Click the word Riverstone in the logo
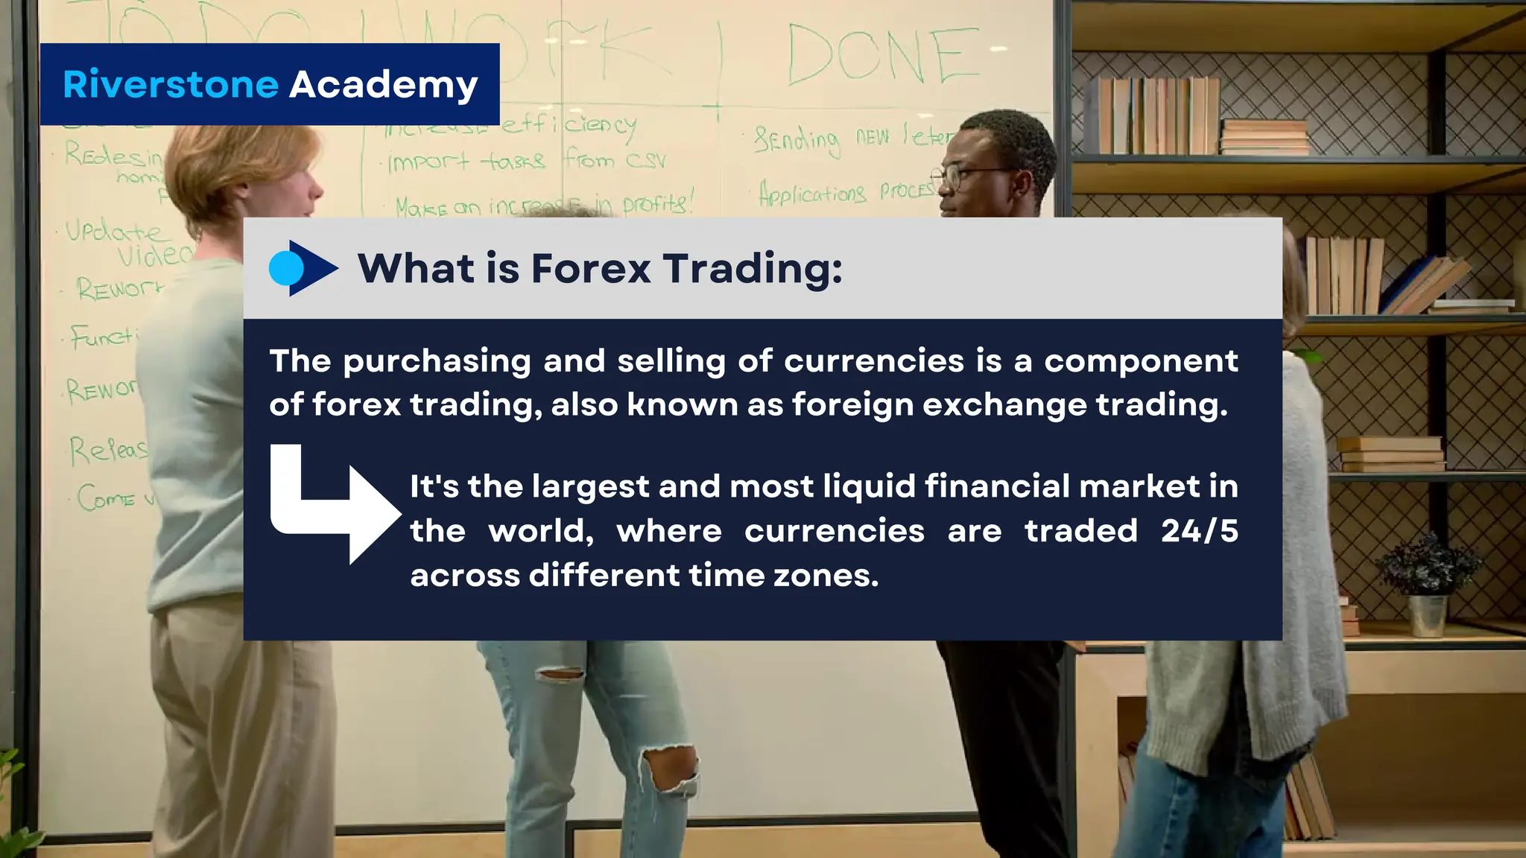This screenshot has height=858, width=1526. coord(171,84)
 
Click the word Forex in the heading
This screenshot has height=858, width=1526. coord(591,268)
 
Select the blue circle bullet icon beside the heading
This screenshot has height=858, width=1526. coord(285,268)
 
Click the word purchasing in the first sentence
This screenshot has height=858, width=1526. coord(437,361)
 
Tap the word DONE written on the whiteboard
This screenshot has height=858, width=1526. coord(883,56)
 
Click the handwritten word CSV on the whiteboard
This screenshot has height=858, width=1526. coord(645,160)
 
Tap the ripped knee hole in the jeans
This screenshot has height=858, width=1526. coord(671,771)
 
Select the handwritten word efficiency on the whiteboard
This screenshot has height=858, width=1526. coord(568,124)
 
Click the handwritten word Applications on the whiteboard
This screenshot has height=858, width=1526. coord(812,194)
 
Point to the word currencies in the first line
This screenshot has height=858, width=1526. coord(874,361)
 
